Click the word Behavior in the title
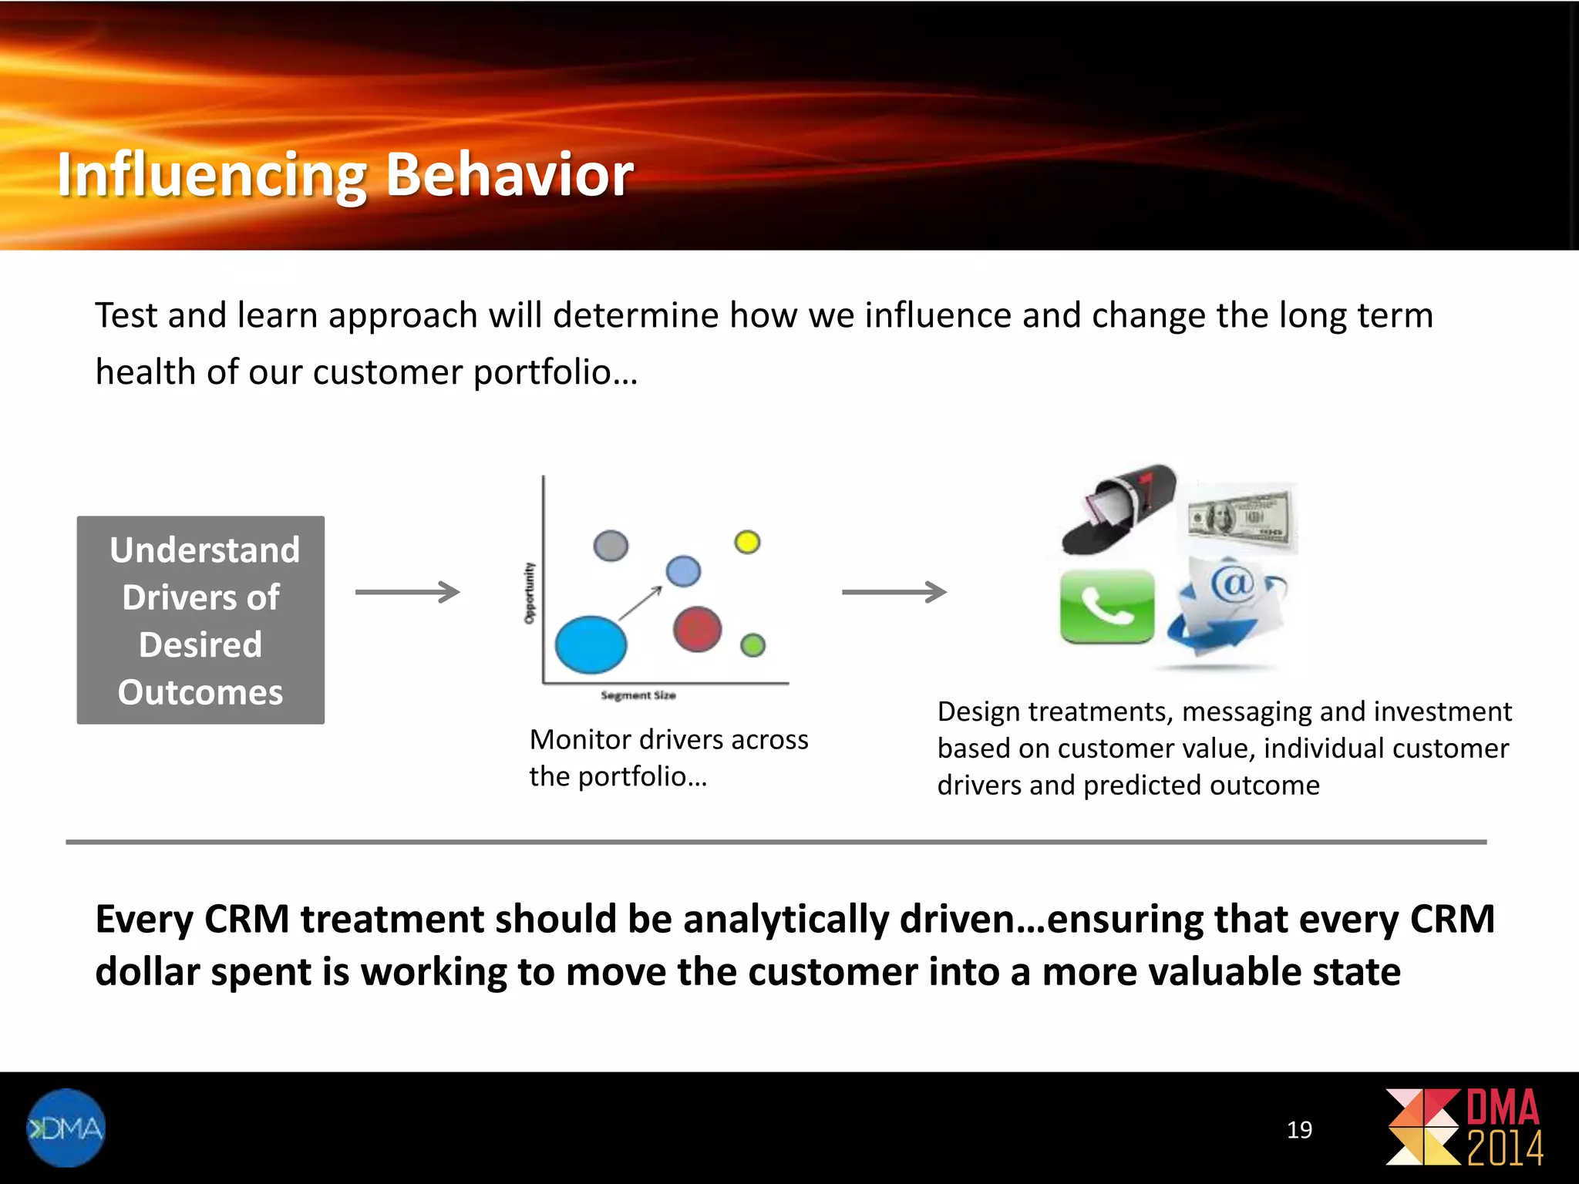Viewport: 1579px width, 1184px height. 509,174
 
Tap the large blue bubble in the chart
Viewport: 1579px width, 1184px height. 591,644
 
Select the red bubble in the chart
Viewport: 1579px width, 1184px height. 697,629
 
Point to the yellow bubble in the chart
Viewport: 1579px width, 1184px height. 747,542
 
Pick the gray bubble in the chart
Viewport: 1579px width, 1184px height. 611,546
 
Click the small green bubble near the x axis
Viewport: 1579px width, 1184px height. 752,645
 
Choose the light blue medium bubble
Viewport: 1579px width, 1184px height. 683,571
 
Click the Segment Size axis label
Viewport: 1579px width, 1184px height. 638,695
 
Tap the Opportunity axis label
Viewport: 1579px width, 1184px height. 529,593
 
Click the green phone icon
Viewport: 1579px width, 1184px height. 1107,607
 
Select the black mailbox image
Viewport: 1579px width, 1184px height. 1119,509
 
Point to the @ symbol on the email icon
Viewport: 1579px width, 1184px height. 1232,584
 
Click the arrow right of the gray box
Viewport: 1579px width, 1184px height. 407,592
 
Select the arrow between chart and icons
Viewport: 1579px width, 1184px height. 894,592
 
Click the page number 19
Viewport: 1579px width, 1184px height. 1299,1130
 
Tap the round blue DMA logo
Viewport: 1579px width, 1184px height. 66,1128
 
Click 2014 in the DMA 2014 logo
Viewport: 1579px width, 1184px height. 1504,1149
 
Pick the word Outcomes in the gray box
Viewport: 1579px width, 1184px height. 200,692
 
